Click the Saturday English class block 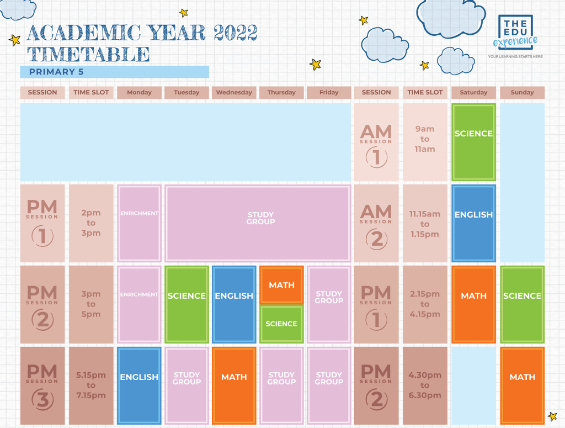[473, 223]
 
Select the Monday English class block [139, 385]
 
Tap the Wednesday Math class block [234, 385]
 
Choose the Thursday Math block [281, 285]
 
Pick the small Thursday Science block [281, 324]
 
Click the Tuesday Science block [186, 304]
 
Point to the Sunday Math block [522, 385]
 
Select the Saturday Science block [473, 142]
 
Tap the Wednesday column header [234, 92]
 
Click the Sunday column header [522, 92]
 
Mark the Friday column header [329, 92]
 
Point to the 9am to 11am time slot [425, 139]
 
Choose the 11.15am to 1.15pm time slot [425, 224]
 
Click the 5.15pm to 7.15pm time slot [91, 385]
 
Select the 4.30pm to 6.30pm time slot [425, 385]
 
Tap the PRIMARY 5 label [56, 72]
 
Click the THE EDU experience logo [515, 33]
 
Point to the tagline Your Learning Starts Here [515, 56]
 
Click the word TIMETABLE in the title [88, 54]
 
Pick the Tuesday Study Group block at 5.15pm [186, 385]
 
